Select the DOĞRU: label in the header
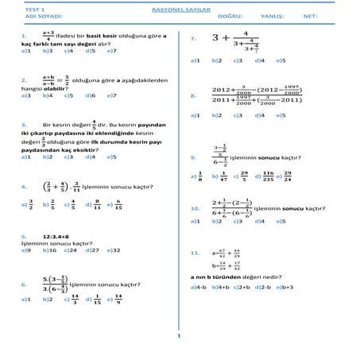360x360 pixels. click(230, 15)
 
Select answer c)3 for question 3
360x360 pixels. click(70, 157)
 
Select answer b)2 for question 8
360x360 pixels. click(216, 115)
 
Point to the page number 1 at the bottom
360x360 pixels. click(180, 336)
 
